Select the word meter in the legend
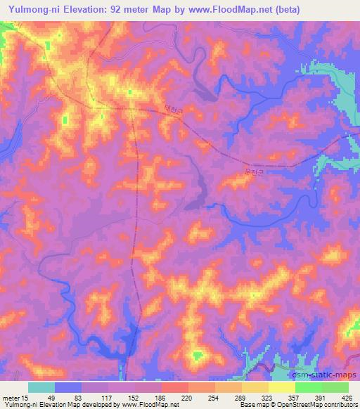pyautogui.click(x=12, y=397)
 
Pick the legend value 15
pyautogui.click(x=27, y=397)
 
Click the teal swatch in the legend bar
pyautogui.click(x=41, y=387)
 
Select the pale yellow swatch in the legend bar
pyautogui.click(x=282, y=387)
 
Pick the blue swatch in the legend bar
pyautogui.click(x=68, y=387)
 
